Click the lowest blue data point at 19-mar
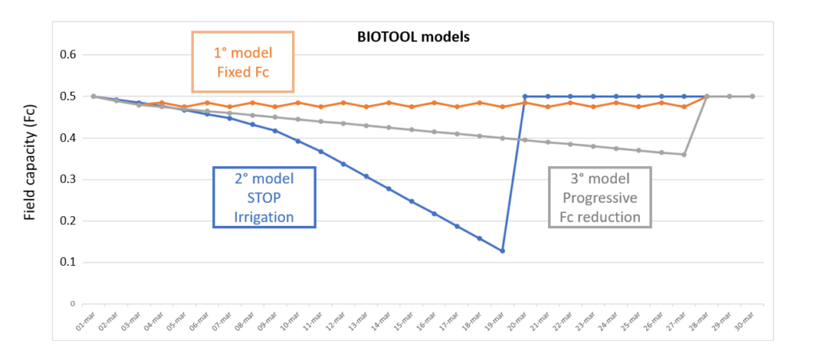502,251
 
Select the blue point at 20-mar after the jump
525,96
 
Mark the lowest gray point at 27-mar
684,154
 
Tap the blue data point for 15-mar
411,201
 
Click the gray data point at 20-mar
525,140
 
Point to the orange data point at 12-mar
343,102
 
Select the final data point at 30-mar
752,96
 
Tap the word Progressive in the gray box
600,197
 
